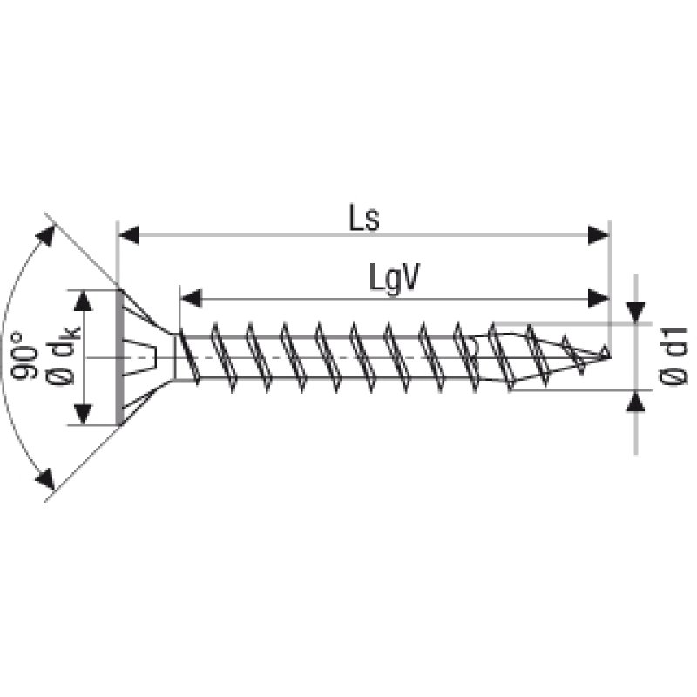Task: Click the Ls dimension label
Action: click(x=364, y=218)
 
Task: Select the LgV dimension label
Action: click(x=394, y=279)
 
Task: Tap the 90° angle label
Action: click(x=24, y=356)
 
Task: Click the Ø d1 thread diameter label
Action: click(x=672, y=357)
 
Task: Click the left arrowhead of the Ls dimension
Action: click(x=129, y=234)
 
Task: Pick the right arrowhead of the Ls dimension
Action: click(x=599, y=234)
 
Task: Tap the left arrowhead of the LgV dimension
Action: click(x=190, y=298)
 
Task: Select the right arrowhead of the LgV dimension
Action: click(x=599, y=298)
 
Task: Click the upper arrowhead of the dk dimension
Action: click(x=83, y=301)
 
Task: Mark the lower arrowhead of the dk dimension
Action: click(x=83, y=414)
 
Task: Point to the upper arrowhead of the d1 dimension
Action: click(x=636, y=312)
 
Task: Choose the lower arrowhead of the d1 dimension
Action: click(x=636, y=402)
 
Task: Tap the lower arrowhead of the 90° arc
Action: click(x=45, y=478)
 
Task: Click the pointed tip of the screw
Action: click(x=608, y=356)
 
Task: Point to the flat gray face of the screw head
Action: click(x=119, y=357)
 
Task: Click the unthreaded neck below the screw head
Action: click(x=176, y=357)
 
